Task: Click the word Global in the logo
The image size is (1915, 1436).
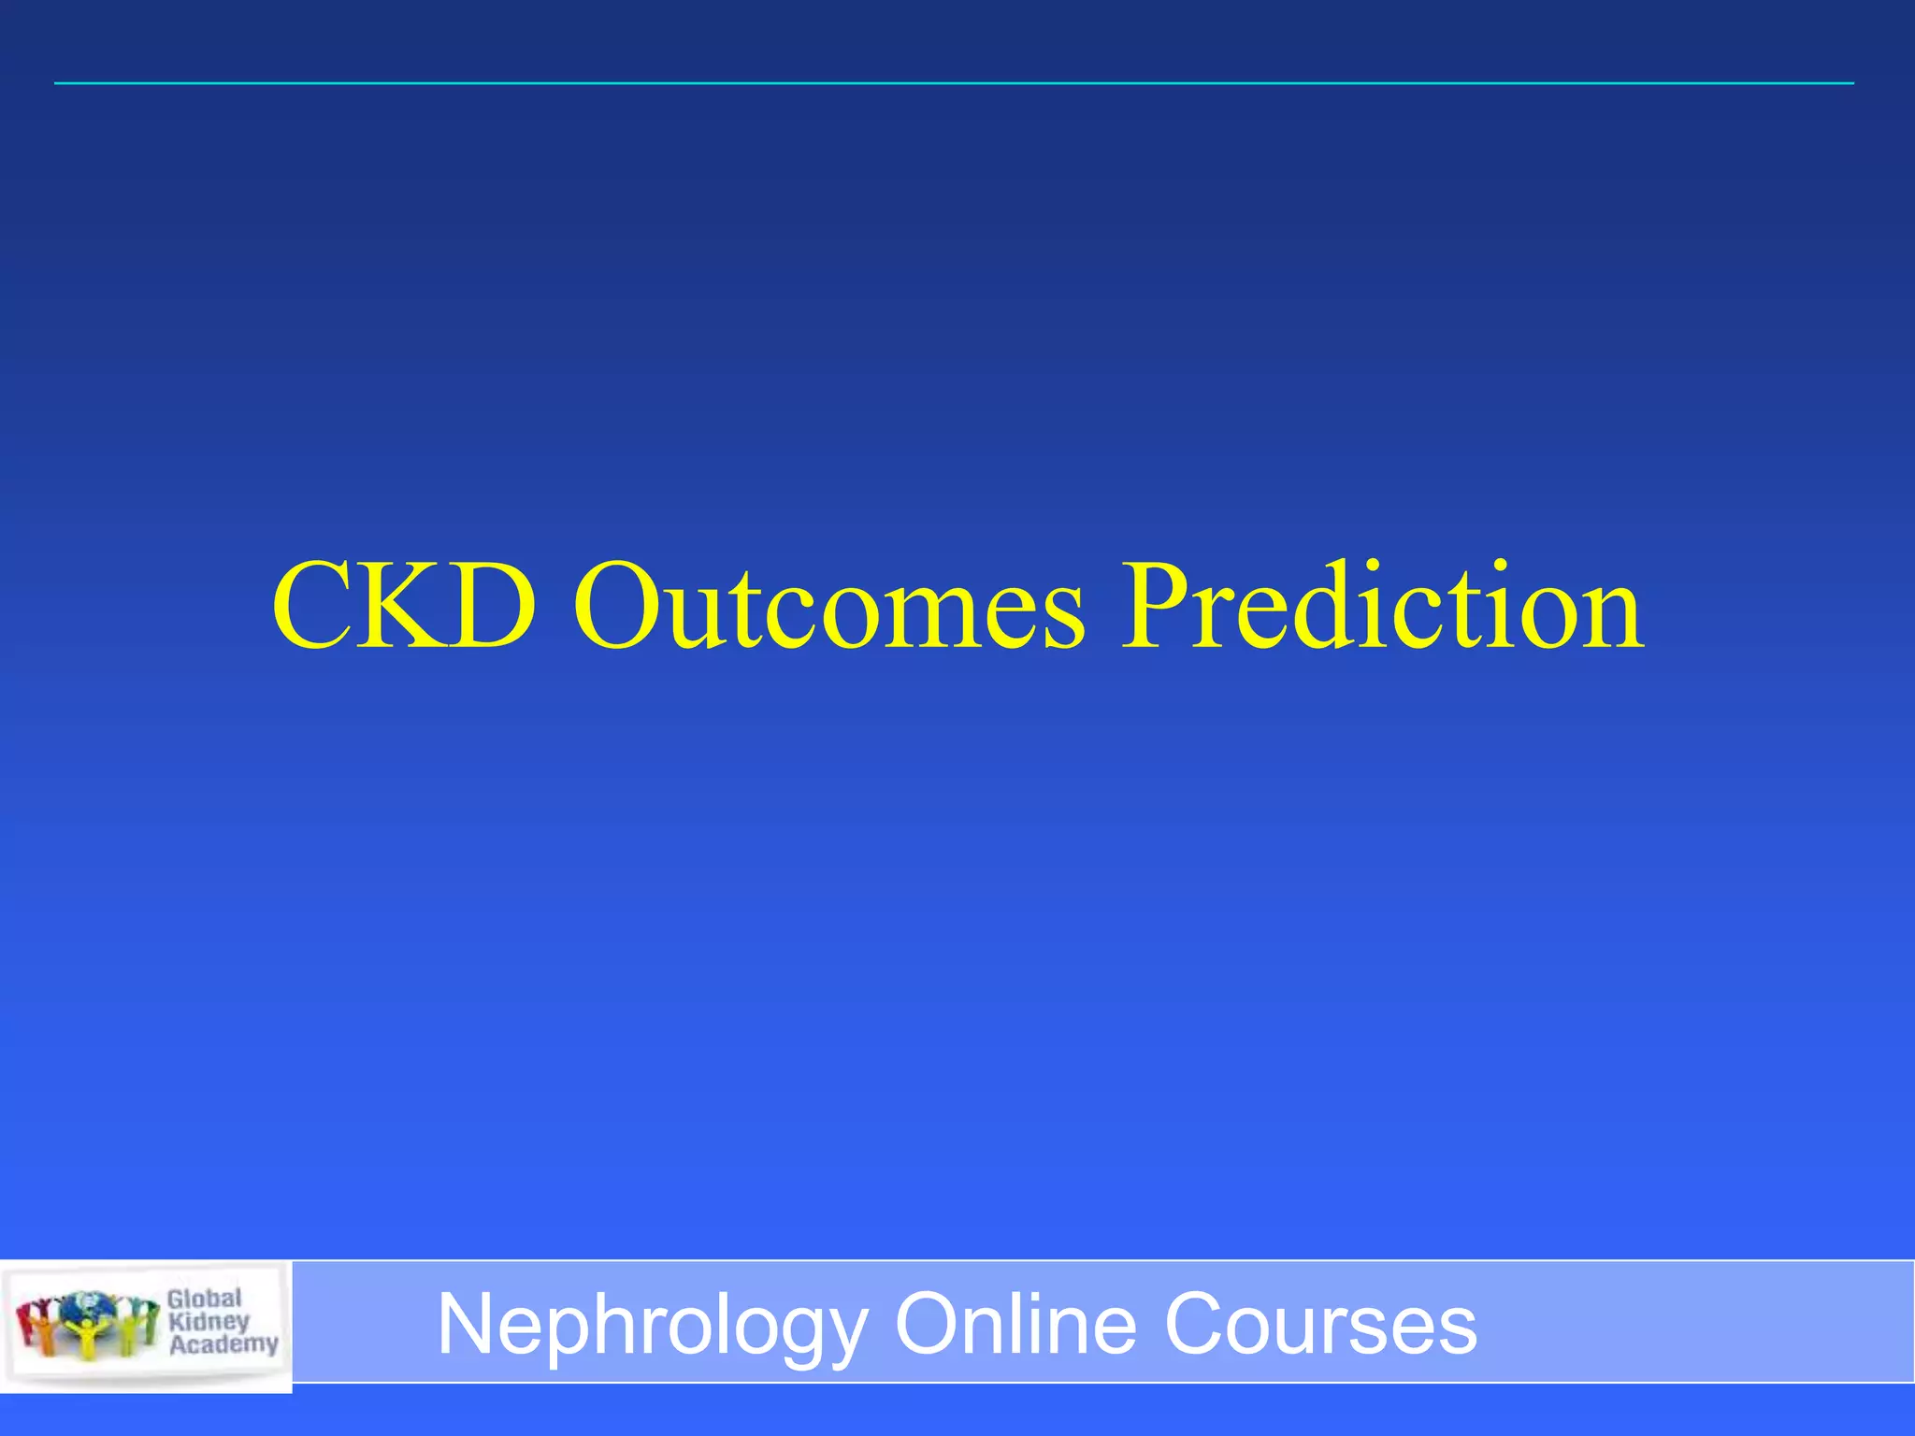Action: (x=205, y=1299)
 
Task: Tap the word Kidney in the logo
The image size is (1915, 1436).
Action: (x=209, y=1321)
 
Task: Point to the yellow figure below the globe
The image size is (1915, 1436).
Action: (x=87, y=1338)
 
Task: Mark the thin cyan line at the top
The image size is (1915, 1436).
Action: (x=954, y=83)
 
